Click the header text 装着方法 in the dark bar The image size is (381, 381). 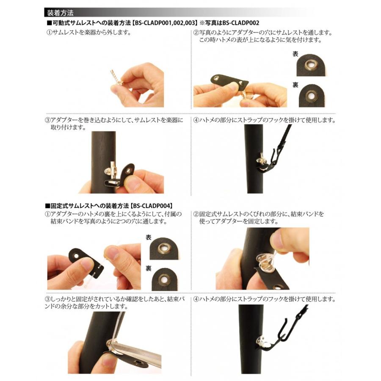click(x=60, y=13)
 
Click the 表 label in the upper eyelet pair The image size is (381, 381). click(x=295, y=54)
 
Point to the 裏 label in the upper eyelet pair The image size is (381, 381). click(x=295, y=85)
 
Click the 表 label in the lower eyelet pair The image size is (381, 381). click(x=149, y=237)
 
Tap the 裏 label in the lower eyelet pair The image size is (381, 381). click(x=149, y=268)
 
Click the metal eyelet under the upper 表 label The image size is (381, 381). click(x=310, y=64)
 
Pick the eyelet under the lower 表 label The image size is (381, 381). click(x=163, y=248)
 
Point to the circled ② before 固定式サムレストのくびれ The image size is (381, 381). click(x=196, y=214)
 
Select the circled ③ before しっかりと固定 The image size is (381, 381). click(x=47, y=299)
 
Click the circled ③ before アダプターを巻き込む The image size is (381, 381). click(x=47, y=120)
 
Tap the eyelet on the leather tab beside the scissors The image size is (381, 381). click(x=139, y=363)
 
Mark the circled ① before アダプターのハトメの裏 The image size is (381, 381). click(x=47, y=214)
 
